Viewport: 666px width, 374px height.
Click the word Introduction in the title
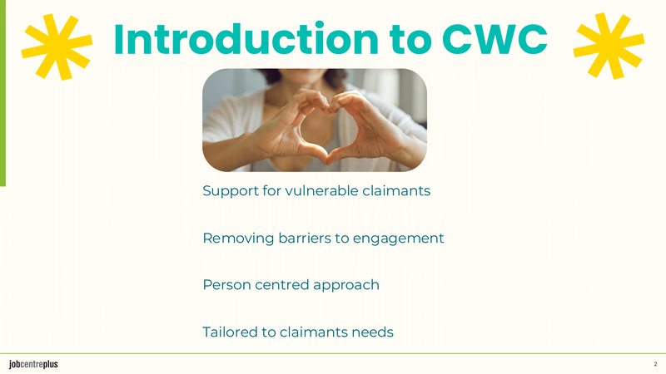pyautogui.click(x=246, y=39)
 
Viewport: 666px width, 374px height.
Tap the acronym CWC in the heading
pyautogui.click(x=495, y=39)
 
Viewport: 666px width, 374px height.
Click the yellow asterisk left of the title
pyautogui.click(x=57, y=47)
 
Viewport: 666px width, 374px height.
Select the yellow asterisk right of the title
pyautogui.click(x=609, y=46)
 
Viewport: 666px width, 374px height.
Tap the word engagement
pyautogui.click(x=398, y=239)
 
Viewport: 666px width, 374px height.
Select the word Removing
pyautogui.click(x=238, y=239)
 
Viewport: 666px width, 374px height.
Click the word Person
pyautogui.click(x=226, y=284)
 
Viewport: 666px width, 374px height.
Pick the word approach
pyautogui.click(x=346, y=285)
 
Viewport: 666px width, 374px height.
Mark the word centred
pyautogui.click(x=281, y=284)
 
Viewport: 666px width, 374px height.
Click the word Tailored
pyautogui.click(x=230, y=332)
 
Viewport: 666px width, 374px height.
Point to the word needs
pyautogui.click(x=375, y=332)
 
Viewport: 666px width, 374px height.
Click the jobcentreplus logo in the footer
pyautogui.click(x=33, y=364)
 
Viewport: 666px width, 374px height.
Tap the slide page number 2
pyautogui.click(x=655, y=364)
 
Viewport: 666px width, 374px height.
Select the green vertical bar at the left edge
pyautogui.click(x=2, y=93)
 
